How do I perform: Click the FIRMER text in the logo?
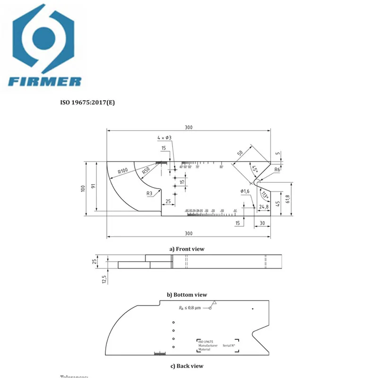44,81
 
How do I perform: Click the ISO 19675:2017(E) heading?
87,102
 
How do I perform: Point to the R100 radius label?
123,171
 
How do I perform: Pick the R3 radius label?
149,193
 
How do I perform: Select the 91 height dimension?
94,186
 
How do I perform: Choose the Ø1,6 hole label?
244,191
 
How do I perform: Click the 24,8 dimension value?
264,206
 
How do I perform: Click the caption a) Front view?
187,249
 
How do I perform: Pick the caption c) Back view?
187,366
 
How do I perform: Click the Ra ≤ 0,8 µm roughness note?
189,308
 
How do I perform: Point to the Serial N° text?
229,346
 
